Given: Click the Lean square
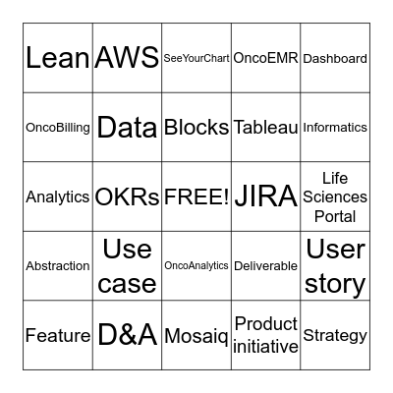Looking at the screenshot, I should tap(58, 58).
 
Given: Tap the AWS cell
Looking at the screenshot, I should tap(127, 58).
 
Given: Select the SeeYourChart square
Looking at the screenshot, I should tap(196, 58).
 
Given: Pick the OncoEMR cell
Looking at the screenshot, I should tap(265, 58).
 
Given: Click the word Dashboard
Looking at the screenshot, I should tap(335, 59).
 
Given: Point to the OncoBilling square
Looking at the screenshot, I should tap(58, 128).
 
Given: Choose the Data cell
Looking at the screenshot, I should tap(127, 128).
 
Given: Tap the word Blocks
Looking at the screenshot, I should tap(196, 128).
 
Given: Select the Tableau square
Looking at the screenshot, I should tap(265, 128).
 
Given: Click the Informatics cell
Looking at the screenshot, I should tap(335, 128).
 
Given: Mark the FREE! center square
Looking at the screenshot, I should tap(196, 196).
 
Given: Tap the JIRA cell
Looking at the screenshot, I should tap(265, 196).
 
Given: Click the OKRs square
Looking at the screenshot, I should tap(127, 196).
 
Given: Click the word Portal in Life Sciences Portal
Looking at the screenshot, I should tap(335, 216).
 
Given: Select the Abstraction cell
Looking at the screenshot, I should tap(58, 265).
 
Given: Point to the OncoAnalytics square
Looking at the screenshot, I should tap(196, 265).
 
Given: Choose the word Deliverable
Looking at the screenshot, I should tap(265, 265).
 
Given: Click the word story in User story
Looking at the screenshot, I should tap(335, 284).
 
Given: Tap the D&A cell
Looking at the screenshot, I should tap(127, 335).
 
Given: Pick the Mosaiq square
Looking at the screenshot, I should tap(196, 335).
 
